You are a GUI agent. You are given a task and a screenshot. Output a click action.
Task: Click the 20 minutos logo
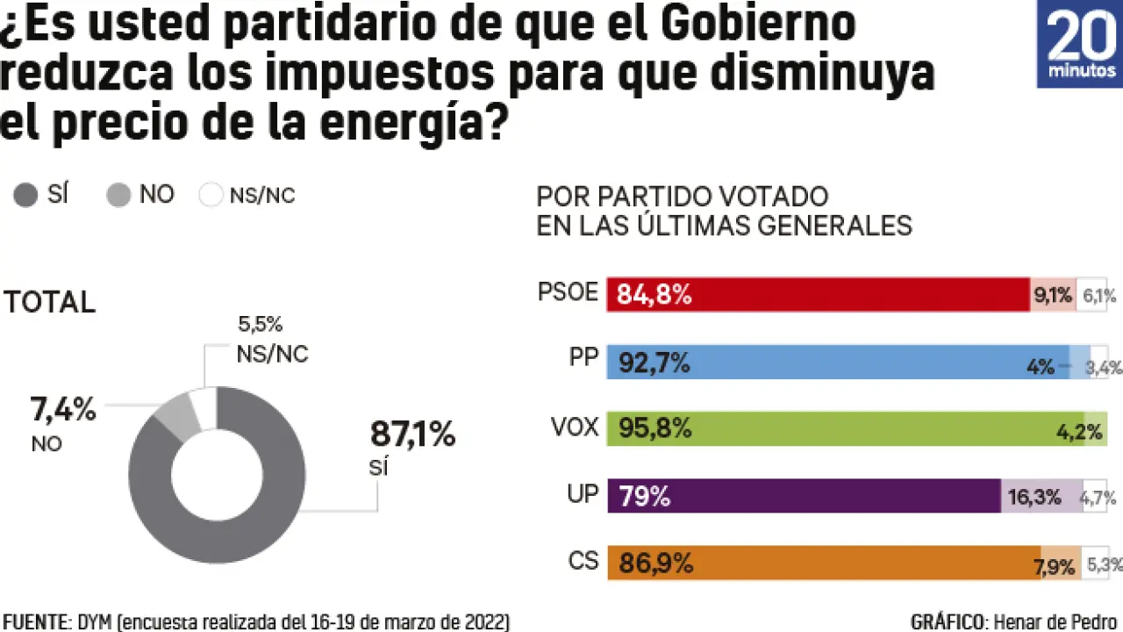pos(1079,44)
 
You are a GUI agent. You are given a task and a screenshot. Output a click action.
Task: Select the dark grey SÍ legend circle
pos(26,195)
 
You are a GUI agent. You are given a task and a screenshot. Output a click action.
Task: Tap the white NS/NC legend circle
pos(211,195)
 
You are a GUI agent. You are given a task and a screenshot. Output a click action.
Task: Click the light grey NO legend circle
pos(118,195)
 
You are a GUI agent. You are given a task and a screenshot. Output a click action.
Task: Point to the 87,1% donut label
pos(412,434)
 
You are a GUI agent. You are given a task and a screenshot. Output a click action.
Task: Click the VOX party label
pos(574,427)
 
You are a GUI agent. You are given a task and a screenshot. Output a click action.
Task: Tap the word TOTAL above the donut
pos(50,302)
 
